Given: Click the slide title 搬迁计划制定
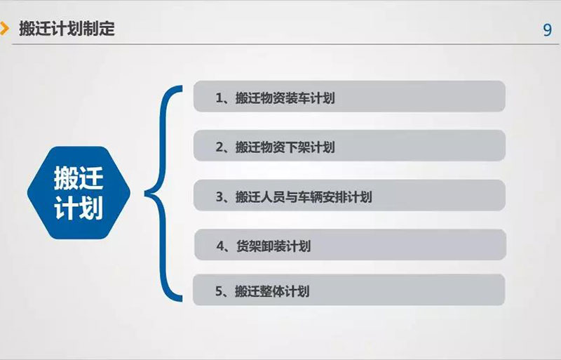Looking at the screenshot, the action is pos(67,29).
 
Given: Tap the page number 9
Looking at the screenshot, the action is pos(547,30).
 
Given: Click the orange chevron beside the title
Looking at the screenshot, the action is pos(4,29).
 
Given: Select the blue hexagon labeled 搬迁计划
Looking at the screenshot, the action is pos(79,193).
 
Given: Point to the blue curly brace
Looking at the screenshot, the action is pos(162,194).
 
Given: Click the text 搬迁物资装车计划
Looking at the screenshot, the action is pos(285,98).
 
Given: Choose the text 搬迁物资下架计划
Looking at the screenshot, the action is pos(285,147).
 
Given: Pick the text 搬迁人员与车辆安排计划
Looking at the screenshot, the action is pos(304,197).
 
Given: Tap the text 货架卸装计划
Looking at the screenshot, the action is pos(273,246).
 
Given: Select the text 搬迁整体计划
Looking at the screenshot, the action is pos(272,291).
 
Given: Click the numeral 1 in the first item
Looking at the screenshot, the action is pos(219,98).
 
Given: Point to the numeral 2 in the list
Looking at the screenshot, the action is pos(219,147).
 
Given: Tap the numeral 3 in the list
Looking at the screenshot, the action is pos(219,197).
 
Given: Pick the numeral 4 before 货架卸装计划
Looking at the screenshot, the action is pos(220,246).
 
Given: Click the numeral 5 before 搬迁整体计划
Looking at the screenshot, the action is pos(219,291).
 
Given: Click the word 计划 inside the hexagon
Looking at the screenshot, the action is pos(79,208).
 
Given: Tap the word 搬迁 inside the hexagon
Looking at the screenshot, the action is pos(79,178).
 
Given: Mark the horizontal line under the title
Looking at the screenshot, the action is pos(285,44).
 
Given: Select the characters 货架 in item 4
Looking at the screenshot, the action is pos(248,246).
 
